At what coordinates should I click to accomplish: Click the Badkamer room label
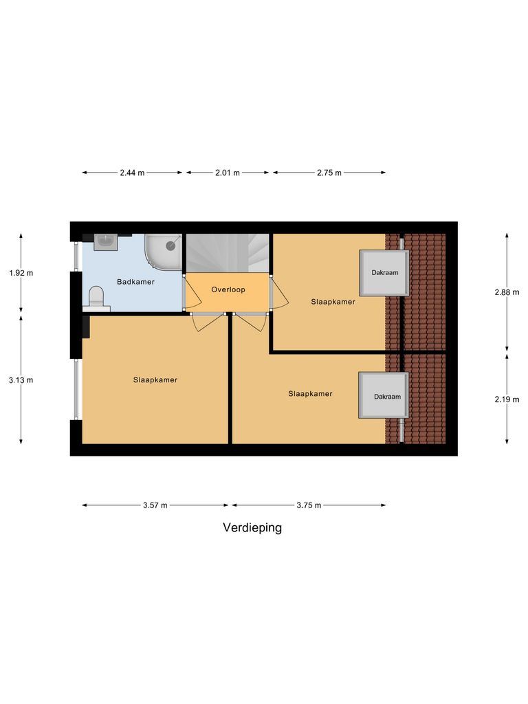135,282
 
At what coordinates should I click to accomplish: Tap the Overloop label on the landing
228,290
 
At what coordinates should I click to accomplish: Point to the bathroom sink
106,241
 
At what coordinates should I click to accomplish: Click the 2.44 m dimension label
132,173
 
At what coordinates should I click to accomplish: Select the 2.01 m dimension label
227,173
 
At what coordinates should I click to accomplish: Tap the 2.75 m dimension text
329,173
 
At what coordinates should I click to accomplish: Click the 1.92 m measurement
21,273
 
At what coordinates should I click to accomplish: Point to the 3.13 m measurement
21,379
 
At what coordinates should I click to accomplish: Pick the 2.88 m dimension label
507,292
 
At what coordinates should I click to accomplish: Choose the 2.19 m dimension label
507,399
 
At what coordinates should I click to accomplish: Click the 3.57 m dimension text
155,505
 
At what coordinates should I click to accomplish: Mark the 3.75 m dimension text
309,505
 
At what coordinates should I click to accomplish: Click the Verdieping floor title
252,528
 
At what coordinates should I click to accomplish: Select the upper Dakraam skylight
384,273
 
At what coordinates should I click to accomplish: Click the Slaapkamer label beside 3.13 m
155,380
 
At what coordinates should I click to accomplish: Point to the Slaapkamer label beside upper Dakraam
333,301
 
